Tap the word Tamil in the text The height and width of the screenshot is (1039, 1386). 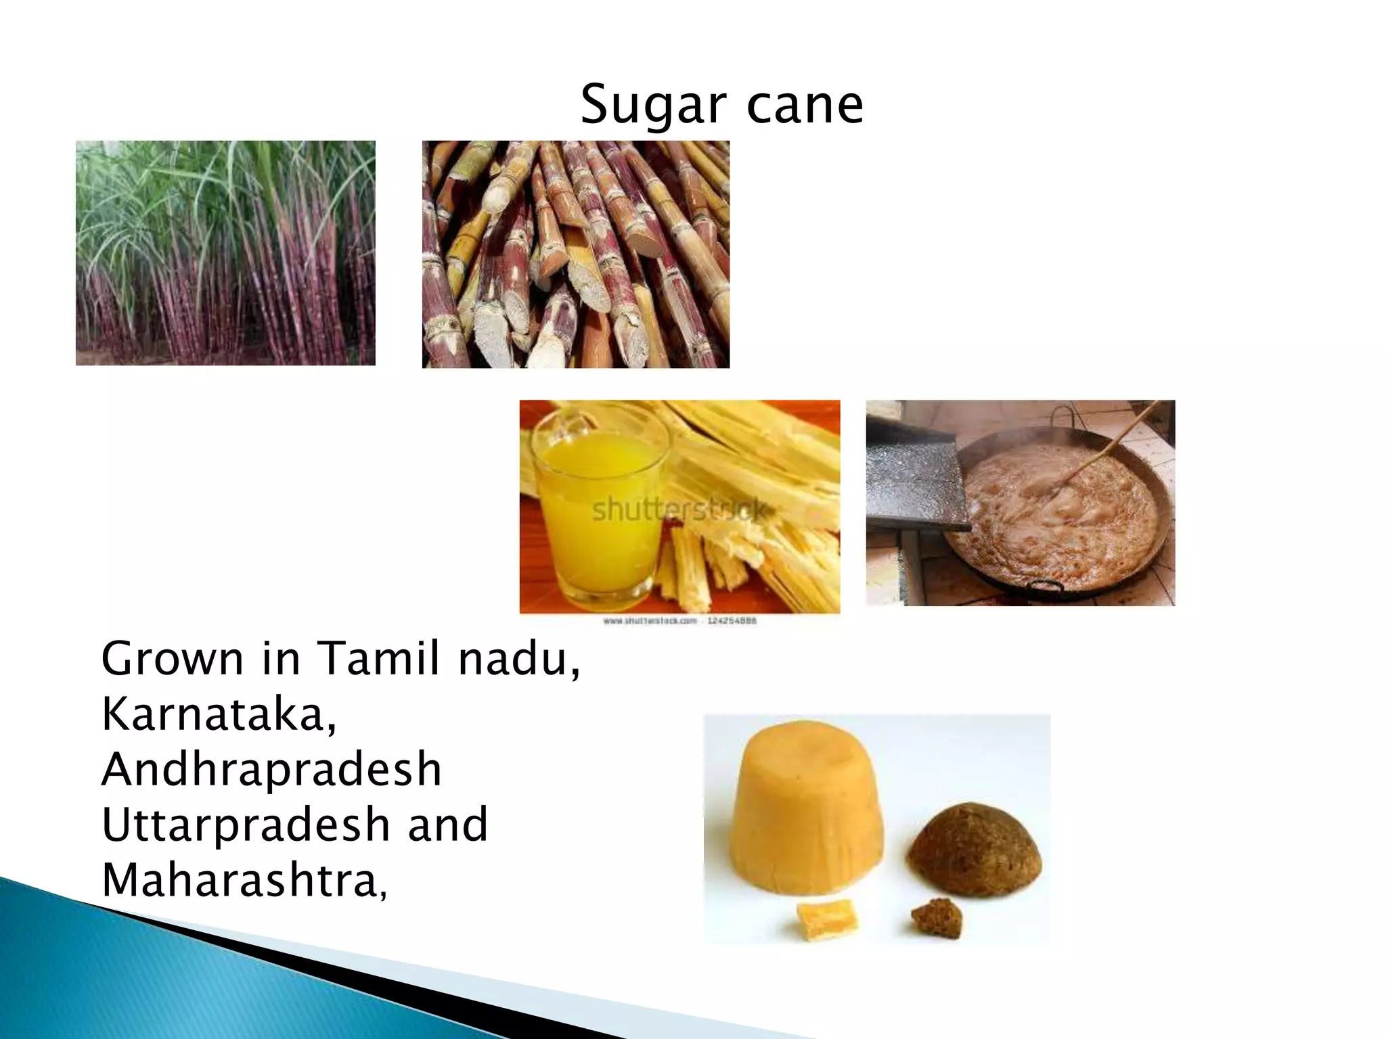point(378,659)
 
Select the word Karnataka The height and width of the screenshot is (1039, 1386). point(218,714)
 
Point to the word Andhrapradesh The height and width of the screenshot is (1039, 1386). point(271,770)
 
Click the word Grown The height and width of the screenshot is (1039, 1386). point(172,659)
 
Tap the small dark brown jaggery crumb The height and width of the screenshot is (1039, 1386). point(937,918)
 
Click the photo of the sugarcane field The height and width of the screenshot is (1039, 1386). point(225,253)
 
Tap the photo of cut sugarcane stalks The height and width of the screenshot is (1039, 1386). point(575,254)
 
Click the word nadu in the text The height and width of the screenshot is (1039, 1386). point(518,659)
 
